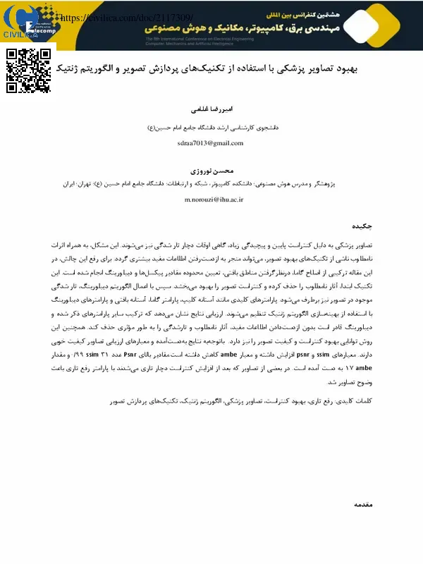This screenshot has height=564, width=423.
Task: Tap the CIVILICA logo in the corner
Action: [20, 22]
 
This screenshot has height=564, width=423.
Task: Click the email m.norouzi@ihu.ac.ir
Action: [213, 200]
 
